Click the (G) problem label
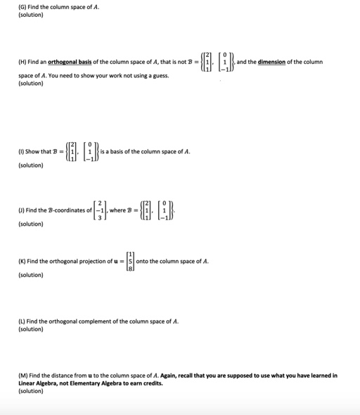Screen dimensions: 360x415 pyautogui.click(x=13, y=6)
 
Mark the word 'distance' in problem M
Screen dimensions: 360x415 pyautogui.click(x=65, y=375)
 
